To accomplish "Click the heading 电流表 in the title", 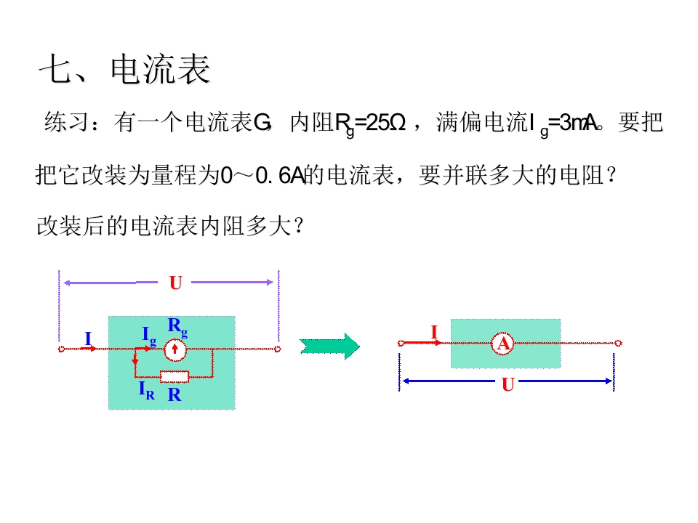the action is [x=160, y=69].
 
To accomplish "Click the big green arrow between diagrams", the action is [x=329, y=346].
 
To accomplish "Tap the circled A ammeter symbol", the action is [x=503, y=344].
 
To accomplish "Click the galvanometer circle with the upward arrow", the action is [x=175, y=349].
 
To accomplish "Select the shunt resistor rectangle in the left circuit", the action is [x=174, y=377].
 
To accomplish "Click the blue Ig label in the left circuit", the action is [x=149, y=336].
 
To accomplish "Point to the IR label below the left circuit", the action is [x=146, y=391].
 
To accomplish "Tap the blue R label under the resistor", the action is [x=174, y=394].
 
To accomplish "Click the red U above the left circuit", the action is [x=176, y=283].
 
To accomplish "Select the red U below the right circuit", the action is [x=508, y=384].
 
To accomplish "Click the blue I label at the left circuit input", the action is [x=88, y=339].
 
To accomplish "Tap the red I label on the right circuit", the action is [x=435, y=332].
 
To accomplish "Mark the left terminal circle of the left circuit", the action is [x=61, y=349].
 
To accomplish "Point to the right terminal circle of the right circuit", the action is [x=618, y=344].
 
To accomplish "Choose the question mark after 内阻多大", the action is [x=299, y=226].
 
